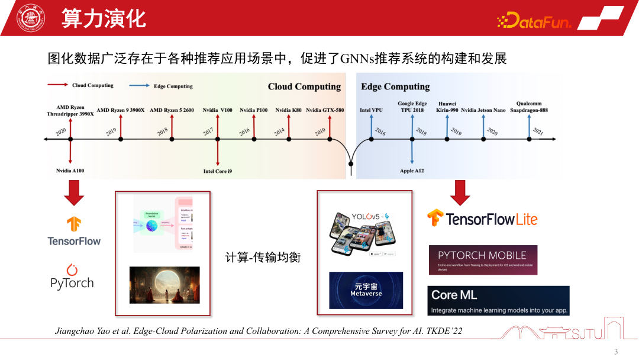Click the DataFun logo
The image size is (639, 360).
point(534,22)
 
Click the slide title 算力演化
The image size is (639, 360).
point(104,18)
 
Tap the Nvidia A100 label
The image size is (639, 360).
point(70,171)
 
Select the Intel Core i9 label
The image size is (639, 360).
point(218,171)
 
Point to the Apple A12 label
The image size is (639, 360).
point(412,171)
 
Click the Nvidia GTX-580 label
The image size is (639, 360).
point(325,110)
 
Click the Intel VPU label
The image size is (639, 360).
point(372,110)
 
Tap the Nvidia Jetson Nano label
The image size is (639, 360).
point(483,110)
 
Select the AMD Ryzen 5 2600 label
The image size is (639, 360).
point(172,110)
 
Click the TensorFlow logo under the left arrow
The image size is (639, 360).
point(74,232)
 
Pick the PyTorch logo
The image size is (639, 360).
point(72,277)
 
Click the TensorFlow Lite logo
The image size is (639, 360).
point(482,218)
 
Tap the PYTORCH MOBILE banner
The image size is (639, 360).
point(483,259)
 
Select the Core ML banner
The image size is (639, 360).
point(498,300)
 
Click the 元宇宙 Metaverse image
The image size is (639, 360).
point(366,290)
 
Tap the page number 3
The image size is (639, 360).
point(615,352)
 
